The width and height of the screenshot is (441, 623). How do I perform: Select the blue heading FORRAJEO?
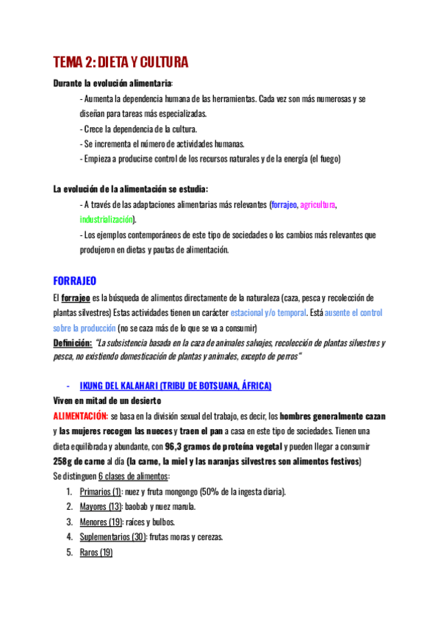pos(75,281)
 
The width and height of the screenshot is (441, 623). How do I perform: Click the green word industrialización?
pos(107,219)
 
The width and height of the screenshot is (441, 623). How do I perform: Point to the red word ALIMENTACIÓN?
pos(82,416)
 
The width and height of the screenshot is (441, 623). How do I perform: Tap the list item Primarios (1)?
pos(101,491)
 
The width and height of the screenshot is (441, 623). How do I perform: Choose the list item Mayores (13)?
pos(100,506)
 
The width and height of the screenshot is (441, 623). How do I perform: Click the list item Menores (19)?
pos(100,522)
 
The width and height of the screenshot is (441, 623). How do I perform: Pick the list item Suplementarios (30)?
pos(112,536)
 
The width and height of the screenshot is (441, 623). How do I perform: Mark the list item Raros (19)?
pos(96,552)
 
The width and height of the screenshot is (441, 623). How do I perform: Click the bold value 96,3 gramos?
pos(195,446)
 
